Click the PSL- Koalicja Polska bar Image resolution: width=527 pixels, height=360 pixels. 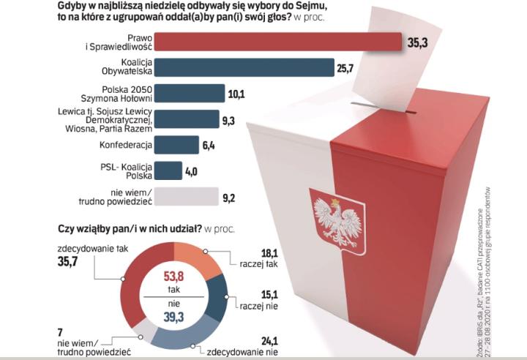coord(168,170)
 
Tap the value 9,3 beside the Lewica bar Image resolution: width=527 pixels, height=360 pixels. coord(229,119)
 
